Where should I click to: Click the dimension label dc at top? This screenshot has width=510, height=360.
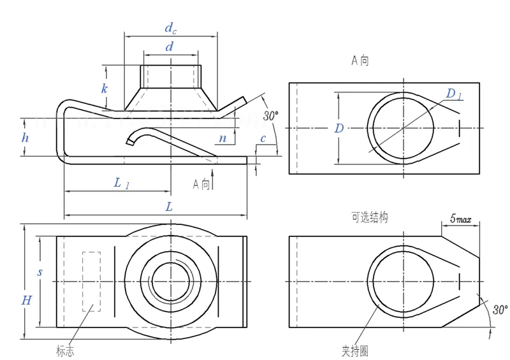pyautogui.click(x=170, y=27)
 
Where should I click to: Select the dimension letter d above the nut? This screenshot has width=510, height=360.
pyautogui.click(x=169, y=47)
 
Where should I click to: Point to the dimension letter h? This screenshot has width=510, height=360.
pyautogui.click(x=25, y=138)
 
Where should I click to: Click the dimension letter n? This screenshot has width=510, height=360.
pyautogui.click(x=222, y=138)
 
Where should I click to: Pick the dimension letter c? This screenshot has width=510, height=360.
pyautogui.click(x=263, y=139)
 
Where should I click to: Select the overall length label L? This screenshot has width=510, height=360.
pyautogui.click(x=169, y=206)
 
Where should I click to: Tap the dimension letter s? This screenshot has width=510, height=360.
pyautogui.click(x=40, y=272)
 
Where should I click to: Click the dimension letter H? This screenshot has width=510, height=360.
pyautogui.click(x=26, y=300)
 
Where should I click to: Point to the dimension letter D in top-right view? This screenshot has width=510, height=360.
pyautogui.click(x=339, y=128)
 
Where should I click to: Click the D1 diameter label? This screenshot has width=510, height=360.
pyautogui.click(x=454, y=94)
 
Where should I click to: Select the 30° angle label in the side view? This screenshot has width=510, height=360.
pyautogui.click(x=271, y=115)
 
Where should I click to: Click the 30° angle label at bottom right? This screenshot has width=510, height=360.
pyautogui.click(x=499, y=310)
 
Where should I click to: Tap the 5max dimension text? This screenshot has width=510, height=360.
pyautogui.click(x=460, y=219)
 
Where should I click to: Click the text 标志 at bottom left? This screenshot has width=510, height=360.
pyautogui.click(x=65, y=350)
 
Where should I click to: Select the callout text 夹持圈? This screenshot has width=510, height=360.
pyautogui.click(x=355, y=350)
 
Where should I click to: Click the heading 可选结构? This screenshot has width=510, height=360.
pyautogui.click(x=369, y=217)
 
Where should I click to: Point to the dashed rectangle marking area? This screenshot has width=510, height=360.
pyautogui.click(x=91, y=281)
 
